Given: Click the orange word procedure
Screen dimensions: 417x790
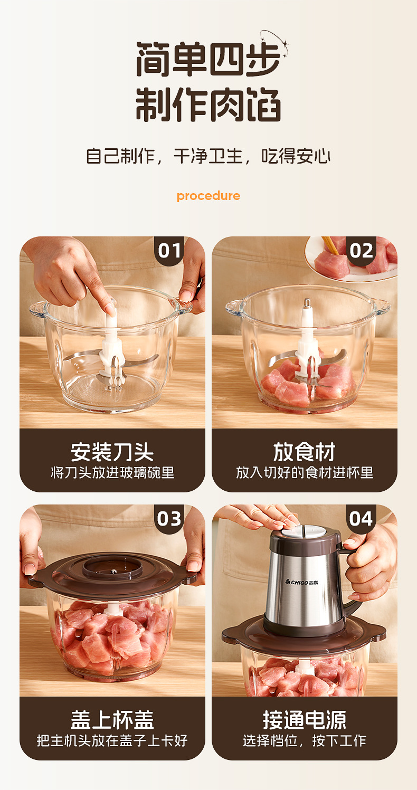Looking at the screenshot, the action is pyautogui.click(x=208, y=196).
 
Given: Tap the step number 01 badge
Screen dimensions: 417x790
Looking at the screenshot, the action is pyautogui.click(x=169, y=251).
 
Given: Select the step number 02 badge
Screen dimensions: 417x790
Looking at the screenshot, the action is pyautogui.click(x=361, y=251).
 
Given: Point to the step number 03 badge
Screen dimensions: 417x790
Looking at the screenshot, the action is pyautogui.click(x=169, y=519).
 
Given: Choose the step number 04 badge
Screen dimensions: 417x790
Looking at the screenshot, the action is pyautogui.click(x=361, y=519).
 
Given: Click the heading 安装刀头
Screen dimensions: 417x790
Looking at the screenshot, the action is pyautogui.click(x=112, y=452).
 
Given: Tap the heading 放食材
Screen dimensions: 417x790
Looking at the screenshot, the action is pyautogui.click(x=304, y=452).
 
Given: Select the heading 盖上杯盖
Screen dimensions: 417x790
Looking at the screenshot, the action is pyautogui.click(x=112, y=720).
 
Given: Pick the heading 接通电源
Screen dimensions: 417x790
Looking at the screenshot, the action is pyautogui.click(x=304, y=720).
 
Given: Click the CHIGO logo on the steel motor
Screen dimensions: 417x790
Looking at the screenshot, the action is pyautogui.click(x=301, y=582).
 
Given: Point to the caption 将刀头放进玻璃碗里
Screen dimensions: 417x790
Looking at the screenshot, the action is pyautogui.click(x=112, y=473).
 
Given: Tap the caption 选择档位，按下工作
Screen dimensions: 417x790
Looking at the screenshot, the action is pyautogui.click(x=304, y=740).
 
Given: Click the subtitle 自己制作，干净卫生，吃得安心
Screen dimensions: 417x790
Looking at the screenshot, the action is pyautogui.click(x=208, y=156).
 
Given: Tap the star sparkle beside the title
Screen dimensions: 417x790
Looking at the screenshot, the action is pyautogui.click(x=285, y=45).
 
